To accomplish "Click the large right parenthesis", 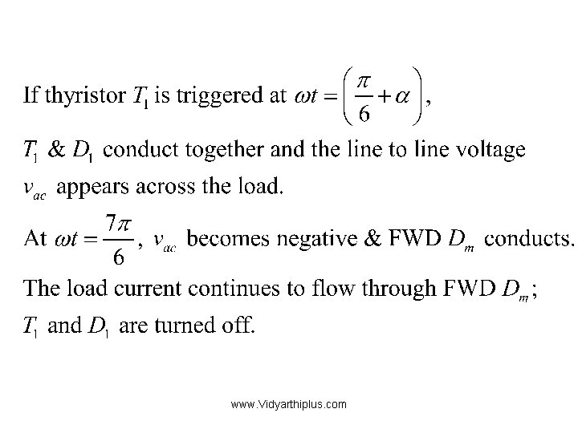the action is click(x=418, y=95).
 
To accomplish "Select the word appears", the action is click(x=88, y=188).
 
